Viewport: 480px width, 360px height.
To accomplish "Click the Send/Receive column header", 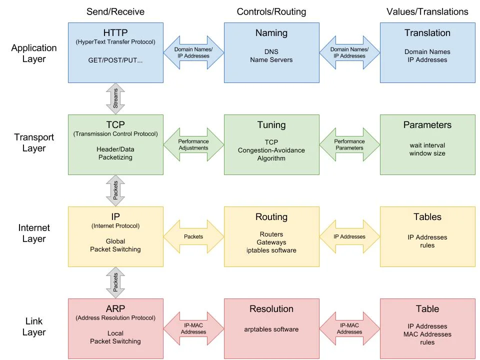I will click(x=115, y=11).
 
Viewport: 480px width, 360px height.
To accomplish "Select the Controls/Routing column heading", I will click(x=271, y=11).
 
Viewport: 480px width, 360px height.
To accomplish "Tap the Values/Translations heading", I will click(x=427, y=11).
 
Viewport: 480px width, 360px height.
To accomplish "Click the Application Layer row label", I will click(x=34, y=53).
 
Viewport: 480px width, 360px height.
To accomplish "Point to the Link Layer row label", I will click(x=34, y=326).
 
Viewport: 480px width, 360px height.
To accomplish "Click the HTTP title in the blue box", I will click(x=115, y=32).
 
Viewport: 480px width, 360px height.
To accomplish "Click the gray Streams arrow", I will click(x=115, y=98).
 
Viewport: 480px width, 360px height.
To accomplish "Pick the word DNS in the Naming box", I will click(x=271, y=51).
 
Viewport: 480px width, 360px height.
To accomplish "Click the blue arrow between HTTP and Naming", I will click(x=193, y=52).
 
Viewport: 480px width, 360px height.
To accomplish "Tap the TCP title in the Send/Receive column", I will click(x=115, y=124).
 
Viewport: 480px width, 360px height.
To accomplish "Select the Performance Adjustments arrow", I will click(x=193, y=144).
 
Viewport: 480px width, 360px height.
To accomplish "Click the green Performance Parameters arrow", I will click(x=349, y=144).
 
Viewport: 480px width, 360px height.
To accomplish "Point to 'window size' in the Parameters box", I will click(x=427, y=153).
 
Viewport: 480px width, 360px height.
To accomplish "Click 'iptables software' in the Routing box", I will click(x=271, y=250).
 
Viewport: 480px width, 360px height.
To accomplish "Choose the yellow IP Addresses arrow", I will click(x=349, y=236).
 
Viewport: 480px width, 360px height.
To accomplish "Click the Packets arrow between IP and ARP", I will click(x=115, y=282).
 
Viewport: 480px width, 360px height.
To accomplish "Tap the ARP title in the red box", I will click(x=115, y=308).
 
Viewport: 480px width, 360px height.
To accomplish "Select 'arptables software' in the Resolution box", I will click(x=271, y=329).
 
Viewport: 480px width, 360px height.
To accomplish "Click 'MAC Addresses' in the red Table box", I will click(x=427, y=334).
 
